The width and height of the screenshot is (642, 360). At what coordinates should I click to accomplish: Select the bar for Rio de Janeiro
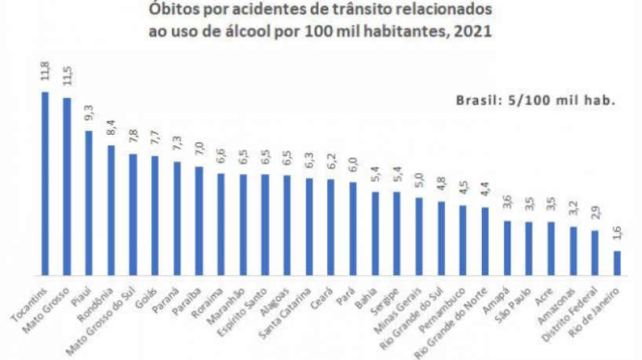[617, 262]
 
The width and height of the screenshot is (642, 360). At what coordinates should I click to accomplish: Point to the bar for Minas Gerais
[419, 235]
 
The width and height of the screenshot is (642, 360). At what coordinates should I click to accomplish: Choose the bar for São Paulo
[529, 247]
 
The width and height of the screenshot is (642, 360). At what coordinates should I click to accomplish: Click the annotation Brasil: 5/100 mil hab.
[534, 101]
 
